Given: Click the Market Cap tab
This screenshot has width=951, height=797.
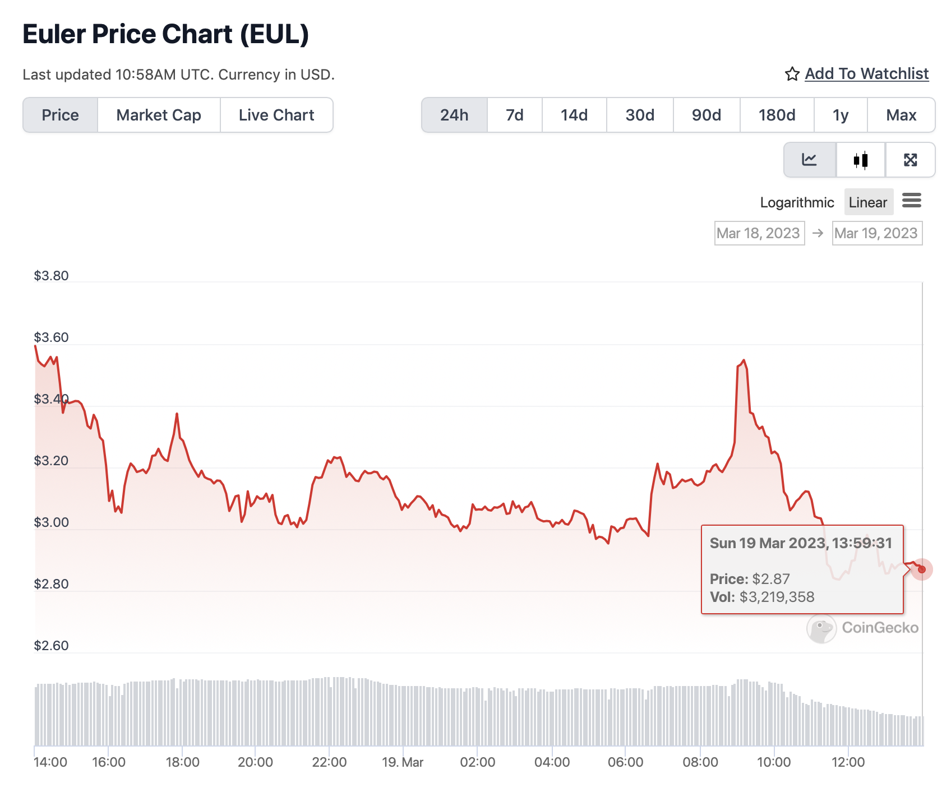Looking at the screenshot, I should point(159,115).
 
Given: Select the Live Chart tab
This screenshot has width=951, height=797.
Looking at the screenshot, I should point(276,115).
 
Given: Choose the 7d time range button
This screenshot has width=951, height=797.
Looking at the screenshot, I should point(514,115).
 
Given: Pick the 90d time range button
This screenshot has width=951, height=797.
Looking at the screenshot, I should point(706,115).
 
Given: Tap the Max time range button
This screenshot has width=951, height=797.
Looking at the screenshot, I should point(901,115).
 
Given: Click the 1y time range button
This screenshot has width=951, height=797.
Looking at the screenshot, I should point(840,115).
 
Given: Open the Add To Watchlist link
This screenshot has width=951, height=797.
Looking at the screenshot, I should point(866,73).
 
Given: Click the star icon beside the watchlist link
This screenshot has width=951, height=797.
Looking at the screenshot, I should point(792,74).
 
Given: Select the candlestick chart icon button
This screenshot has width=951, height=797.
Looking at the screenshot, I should point(861,160).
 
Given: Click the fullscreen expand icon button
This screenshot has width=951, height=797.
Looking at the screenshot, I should point(910,160).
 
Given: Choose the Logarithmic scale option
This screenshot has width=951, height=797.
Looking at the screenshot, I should point(797,202).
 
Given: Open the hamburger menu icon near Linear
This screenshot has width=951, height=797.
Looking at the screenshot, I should point(911,200).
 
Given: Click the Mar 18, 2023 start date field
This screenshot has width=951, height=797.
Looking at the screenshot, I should point(759,233).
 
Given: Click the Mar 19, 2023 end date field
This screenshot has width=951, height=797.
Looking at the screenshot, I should point(876,233).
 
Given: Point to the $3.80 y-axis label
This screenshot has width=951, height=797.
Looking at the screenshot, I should point(51,276).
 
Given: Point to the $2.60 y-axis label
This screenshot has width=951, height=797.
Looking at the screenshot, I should point(51,646).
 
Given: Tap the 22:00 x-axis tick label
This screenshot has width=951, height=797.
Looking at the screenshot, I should point(329,762).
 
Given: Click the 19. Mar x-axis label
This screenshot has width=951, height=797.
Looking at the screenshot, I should point(403,762).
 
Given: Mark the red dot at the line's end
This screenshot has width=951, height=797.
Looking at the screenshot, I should point(921,569).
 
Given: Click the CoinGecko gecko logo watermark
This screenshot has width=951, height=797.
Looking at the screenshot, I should point(821,628).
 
